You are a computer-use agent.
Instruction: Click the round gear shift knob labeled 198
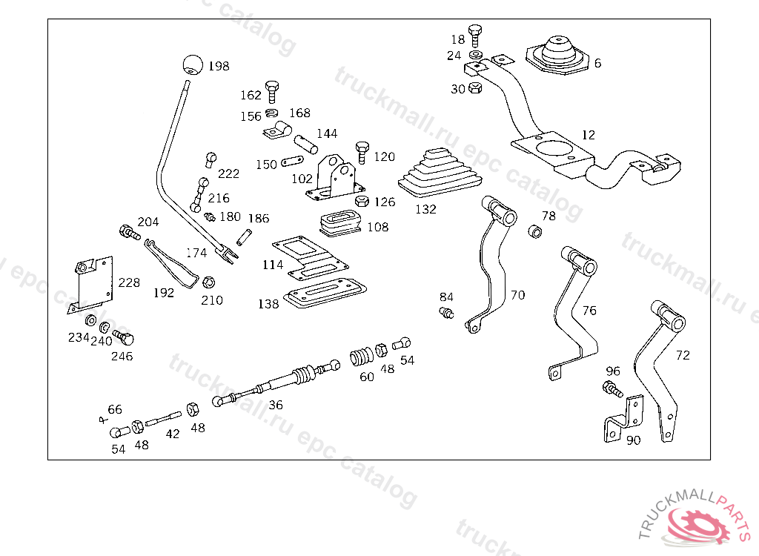[193, 65]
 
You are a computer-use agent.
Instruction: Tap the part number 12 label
[589, 135]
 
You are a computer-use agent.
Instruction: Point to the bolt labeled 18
[476, 34]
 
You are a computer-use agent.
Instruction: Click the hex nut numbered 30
[476, 89]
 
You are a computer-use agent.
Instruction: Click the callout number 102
[302, 179]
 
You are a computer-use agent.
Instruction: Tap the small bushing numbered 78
[535, 231]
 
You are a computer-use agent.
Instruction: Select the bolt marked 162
[272, 91]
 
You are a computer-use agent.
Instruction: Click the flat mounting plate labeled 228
[94, 284]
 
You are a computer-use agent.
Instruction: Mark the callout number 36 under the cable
[276, 405]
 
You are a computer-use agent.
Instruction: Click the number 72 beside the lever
[683, 355]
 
